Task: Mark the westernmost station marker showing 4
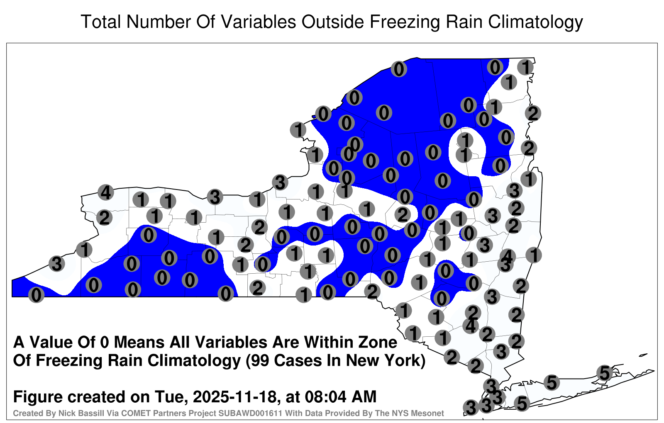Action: pyautogui.click(x=106, y=192)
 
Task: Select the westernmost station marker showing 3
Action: pyautogui.click(x=56, y=263)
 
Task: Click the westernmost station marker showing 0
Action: pyautogui.click(x=36, y=295)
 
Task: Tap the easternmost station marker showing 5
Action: pyautogui.click(x=604, y=373)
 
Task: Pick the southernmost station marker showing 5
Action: pyautogui.click(x=522, y=404)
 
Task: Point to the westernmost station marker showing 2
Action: pyautogui.click(x=104, y=218)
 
